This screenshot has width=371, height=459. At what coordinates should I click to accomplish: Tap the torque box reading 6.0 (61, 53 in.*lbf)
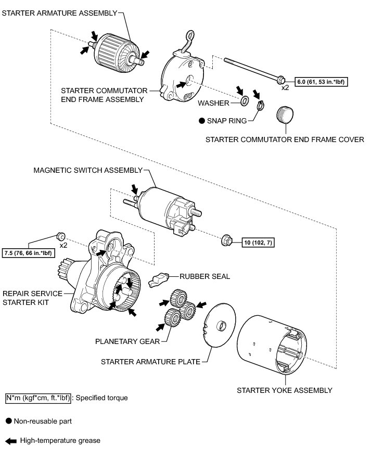[x=322, y=82]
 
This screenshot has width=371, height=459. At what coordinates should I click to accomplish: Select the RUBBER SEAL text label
[x=204, y=276]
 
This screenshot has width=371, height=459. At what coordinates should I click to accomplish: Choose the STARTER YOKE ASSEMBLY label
[x=284, y=390]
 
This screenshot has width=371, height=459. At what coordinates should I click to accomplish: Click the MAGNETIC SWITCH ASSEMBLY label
[x=88, y=170]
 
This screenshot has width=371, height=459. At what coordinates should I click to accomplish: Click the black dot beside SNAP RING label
[x=201, y=120]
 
